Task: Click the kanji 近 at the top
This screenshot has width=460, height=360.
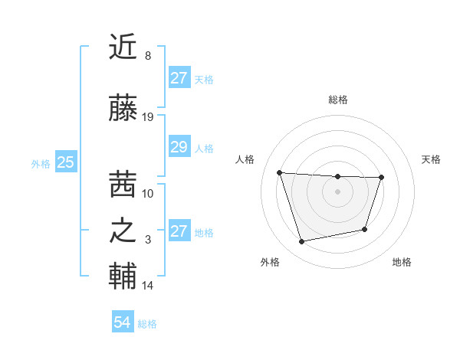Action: (x=123, y=47)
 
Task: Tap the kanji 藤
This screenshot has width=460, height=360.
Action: (x=123, y=110)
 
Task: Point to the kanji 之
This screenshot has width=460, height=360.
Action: (x=123, y=231)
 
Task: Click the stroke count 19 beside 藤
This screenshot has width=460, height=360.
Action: (x=148, y=117)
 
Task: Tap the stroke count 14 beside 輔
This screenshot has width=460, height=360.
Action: (x=148, y=286)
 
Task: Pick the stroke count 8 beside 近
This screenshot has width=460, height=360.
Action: (x=147, y=56)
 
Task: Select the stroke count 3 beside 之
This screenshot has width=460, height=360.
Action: (x=147, y=240)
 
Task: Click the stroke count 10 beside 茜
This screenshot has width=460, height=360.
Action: (x=148, y=193)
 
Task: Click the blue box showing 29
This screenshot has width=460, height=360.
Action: (x=179, y=147)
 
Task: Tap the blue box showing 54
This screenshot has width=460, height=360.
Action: (x=123, y=323)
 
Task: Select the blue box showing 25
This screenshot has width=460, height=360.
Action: (x=66, y=162)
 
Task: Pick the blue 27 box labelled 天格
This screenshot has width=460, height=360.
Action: (x=179, y=78)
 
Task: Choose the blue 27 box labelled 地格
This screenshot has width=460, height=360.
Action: (x=179, y=231)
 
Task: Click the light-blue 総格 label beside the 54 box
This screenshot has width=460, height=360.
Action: (x=147, y=324)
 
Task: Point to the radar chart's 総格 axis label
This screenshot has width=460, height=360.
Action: (x=337, y=100)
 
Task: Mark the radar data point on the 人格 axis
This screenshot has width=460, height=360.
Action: (x=280, y=172)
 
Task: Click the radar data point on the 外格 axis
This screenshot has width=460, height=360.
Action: (x=302, y=241)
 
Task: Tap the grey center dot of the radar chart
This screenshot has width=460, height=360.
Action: (x=337, y=191)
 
